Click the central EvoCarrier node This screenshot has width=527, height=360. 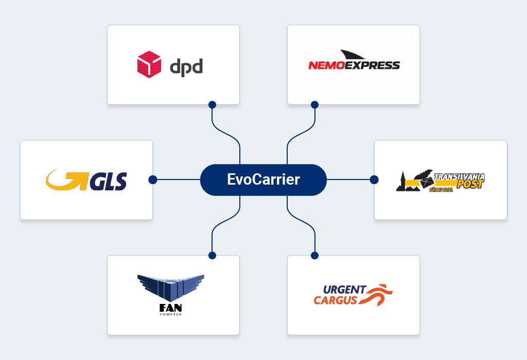pyautogui.click(x=263, y=180)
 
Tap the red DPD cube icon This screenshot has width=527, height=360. pyautogui.click(x=149, y=65)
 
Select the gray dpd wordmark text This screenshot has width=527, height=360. pyautogui.click(x=186, y=67)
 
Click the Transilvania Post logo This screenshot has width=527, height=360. pyautogui.click(x=441, y=181)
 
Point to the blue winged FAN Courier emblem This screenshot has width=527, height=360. pyautogui.click(x=171, y=286)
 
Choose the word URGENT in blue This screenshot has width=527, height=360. pyautogui.click(x=345, y=290)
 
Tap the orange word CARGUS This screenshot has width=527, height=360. pyautogui.click(x=336, y=300)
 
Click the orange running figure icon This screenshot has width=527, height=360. pyautogui.click(x=379, y=295)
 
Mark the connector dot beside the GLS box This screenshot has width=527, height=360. pyautogui.click(x=152, y=180)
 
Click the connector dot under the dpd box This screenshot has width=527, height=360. pyautogui.click(x=212, y=105)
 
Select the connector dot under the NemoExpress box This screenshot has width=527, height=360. pyautogui.click(x=314, y=105)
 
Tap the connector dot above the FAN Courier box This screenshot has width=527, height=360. pyautogui.click(x=212, y=255)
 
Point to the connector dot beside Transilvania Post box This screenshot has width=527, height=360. pyautogui.click(x=374, y=180)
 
